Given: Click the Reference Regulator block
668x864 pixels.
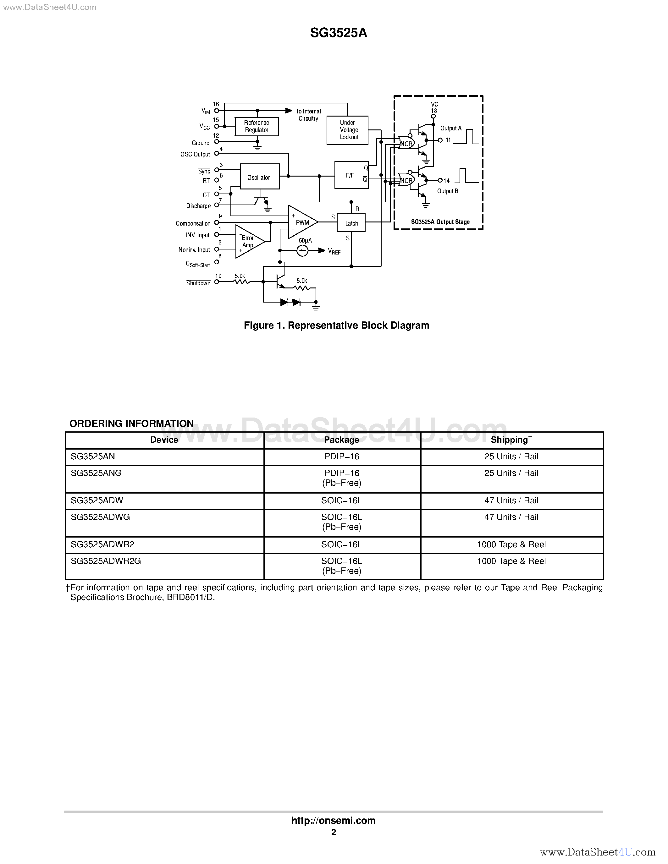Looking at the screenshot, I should tap(257, 126).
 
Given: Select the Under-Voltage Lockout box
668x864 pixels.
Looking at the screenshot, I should tap(347, 130).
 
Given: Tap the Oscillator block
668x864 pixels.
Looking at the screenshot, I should tap(260, 177).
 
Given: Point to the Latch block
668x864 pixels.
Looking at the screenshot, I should tap(351, 223).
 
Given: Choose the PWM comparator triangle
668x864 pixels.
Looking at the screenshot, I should tap(301, 222).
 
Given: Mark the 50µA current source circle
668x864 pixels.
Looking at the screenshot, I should tap(302, 250).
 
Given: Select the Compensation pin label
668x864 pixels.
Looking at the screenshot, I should tap(193, 223).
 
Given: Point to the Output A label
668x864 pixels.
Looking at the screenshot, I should tap(451, 128).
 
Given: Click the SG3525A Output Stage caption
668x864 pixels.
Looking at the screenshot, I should tap(440, 222).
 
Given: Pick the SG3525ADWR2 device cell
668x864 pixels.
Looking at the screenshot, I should tap(102, 544).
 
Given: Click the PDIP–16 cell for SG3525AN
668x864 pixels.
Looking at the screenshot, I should tap(341, 457).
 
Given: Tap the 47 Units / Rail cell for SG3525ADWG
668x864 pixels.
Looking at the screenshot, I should tap(511, 517).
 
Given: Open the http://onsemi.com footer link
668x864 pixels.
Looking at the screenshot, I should tap(333, 820).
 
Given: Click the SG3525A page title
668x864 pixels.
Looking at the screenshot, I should tap(338, 33).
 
